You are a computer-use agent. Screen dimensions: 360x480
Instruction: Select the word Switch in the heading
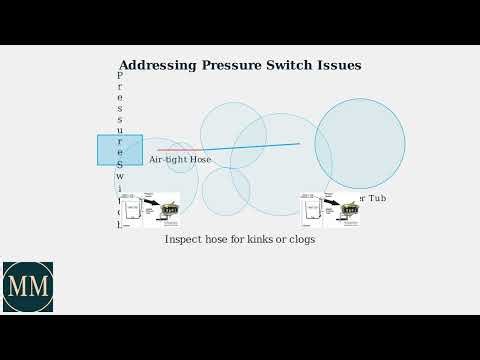click(x=296, y=66)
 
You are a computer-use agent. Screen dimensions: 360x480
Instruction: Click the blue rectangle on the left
click(x=120, y=149)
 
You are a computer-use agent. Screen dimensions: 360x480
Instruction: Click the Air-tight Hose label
click(x=180, y=159)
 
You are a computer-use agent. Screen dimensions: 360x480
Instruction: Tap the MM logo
click(x=28, y=287)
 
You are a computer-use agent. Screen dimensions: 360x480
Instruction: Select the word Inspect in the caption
click(x=183, y=240)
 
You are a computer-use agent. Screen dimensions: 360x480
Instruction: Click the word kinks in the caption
click(x=259, y=240)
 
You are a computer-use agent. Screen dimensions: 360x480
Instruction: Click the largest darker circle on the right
click(x=360, y=143)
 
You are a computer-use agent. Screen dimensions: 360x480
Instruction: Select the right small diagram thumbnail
click(x=330, y=210)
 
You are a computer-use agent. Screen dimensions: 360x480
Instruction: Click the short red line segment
click(x=170, y=150)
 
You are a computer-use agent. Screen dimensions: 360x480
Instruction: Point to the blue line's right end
click(x=299, y=144)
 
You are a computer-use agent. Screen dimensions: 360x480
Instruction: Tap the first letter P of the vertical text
click(x=120, y=75)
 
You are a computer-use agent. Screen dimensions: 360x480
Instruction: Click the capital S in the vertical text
click(x=120, y=163)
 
